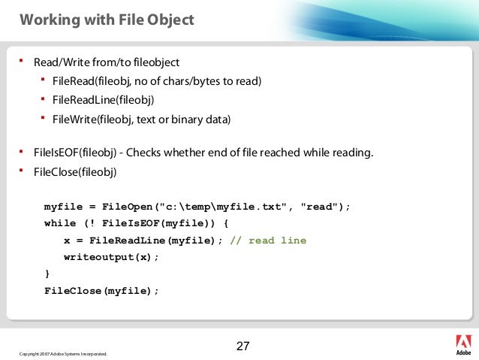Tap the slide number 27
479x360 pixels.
243,346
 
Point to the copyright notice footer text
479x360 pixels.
63,353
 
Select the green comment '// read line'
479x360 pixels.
268,241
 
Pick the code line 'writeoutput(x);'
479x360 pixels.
112,257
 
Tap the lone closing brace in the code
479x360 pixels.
47,274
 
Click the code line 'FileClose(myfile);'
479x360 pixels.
102,290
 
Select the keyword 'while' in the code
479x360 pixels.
60,223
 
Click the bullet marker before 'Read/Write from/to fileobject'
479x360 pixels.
23,61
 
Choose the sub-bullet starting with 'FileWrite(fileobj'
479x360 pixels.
142,119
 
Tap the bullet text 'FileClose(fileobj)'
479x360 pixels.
75,171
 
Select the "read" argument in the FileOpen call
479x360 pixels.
321,206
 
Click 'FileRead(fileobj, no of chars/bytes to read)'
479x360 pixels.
157,80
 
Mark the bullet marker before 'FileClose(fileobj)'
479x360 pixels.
23,171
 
